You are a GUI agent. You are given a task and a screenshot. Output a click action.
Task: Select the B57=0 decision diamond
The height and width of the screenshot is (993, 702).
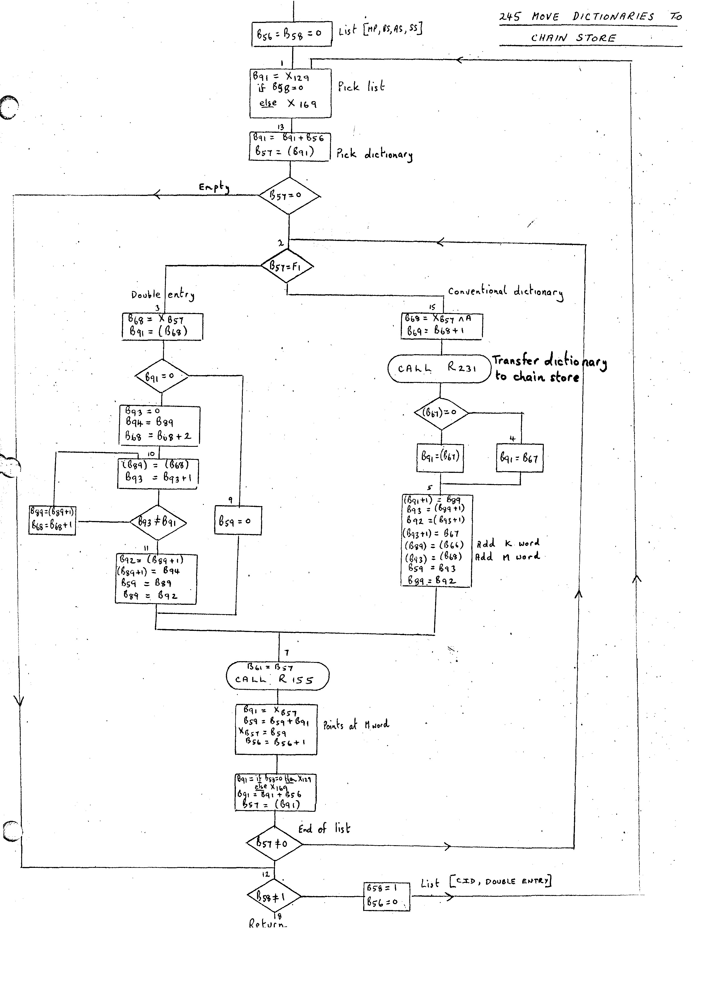(x=289, y=195)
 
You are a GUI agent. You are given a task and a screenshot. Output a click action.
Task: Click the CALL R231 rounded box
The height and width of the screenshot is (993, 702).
(x=439, y=368)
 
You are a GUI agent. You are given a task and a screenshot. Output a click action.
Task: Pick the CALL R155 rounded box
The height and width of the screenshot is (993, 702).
(x=277, y=676)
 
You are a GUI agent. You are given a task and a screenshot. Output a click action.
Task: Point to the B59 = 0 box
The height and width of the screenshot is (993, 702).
(x=238, y=520)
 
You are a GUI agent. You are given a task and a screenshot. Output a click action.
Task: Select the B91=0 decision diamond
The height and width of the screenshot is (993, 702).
(x=161, y=376)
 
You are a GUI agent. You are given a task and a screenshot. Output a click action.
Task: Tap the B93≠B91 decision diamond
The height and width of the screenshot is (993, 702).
(x=158, y=522)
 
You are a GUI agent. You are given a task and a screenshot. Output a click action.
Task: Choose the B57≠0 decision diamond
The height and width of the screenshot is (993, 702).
(x=274, y=843)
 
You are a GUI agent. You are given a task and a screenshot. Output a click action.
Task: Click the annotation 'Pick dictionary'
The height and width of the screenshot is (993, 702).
(x=374, y=154)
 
